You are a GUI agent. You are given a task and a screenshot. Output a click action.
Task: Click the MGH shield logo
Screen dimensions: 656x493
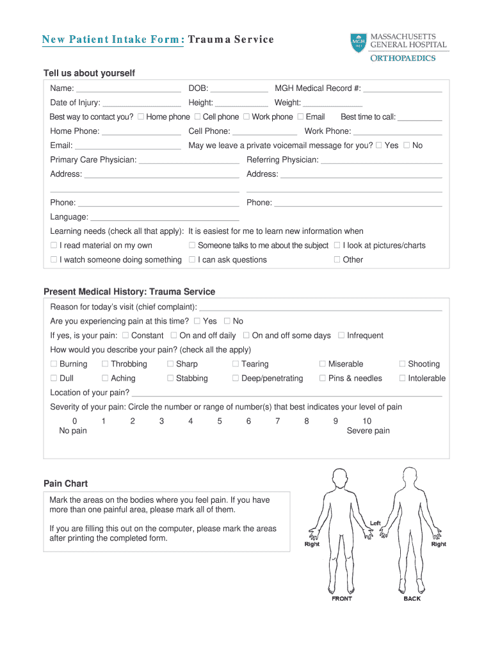point(359,43)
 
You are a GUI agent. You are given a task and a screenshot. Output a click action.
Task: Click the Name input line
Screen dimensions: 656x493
point(128,89)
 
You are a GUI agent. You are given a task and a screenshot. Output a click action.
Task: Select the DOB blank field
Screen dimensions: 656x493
point(239,89)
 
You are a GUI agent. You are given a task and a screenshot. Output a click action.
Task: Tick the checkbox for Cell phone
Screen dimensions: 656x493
point(197,117)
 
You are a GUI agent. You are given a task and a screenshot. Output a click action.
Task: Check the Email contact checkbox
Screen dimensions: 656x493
point(300,117)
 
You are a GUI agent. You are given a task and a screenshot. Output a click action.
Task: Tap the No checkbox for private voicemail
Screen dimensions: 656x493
point(407,145)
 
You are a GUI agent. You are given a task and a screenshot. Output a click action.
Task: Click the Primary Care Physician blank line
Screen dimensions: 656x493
point(189,160)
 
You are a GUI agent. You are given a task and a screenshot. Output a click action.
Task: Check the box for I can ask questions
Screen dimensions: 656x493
point(192,260)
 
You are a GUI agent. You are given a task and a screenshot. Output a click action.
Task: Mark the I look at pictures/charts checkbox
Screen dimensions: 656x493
point(337,245)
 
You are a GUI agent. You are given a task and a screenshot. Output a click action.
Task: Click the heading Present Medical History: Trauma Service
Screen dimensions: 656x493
point(129,291)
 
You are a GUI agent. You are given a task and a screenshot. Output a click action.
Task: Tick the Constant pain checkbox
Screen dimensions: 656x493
point(125,336)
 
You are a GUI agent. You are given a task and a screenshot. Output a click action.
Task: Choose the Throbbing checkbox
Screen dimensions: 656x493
point(105,364)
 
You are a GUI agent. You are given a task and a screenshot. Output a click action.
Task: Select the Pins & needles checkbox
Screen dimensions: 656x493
point(323,379)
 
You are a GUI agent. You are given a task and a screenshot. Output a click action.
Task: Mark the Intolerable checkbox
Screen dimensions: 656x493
point(402,379)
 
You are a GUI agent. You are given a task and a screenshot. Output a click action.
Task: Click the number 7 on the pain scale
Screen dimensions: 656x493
point(277,421)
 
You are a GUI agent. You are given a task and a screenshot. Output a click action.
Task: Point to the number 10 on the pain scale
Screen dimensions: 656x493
point(366,421)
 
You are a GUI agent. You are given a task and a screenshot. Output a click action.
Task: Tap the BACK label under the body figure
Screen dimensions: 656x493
point(412,598)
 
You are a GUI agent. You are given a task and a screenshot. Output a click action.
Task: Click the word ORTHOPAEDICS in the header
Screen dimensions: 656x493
point(403,58)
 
